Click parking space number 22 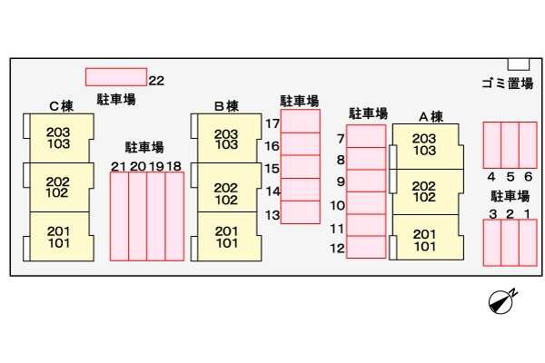115,77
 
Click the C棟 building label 61,105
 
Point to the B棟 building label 225,105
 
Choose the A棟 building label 430,116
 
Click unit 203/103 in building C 58,138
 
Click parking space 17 300,121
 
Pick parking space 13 300,212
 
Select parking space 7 366,136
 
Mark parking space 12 366,247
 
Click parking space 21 119,215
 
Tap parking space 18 174,215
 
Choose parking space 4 491,144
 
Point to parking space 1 528,242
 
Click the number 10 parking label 337,206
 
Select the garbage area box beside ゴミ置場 518,64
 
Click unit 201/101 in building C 58,236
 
